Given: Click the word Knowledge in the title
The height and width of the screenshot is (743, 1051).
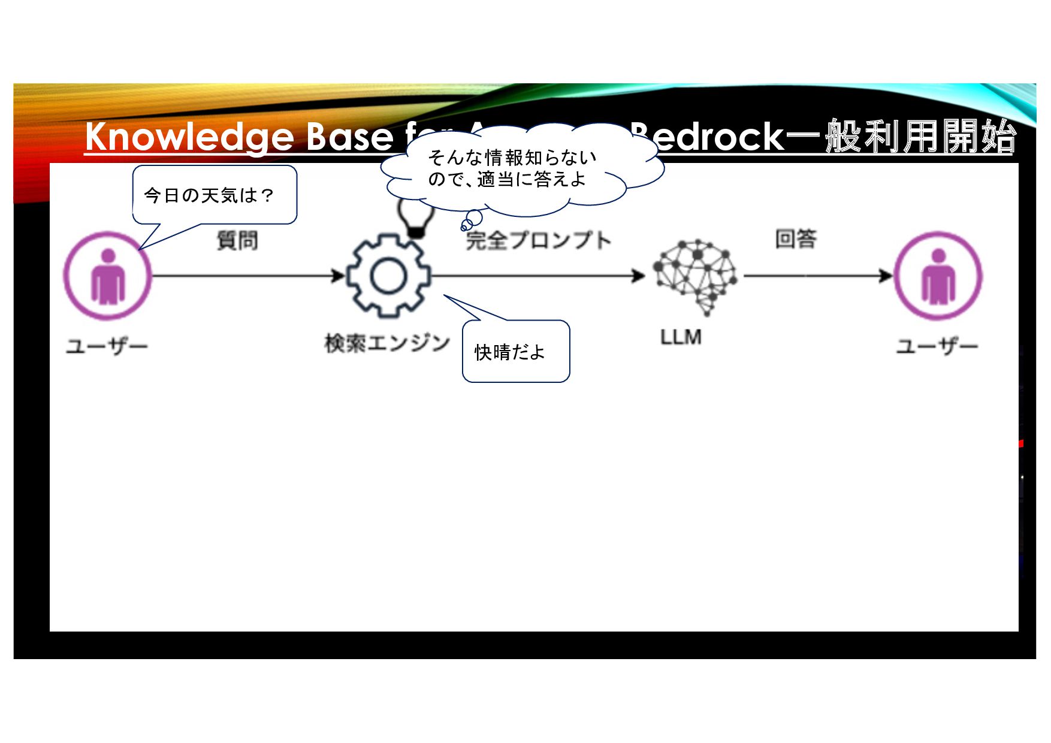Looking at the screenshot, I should (189, 137).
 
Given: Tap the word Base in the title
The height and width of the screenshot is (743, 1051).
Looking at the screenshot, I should (350, 137).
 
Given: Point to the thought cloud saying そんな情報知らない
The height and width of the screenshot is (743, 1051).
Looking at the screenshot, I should (512, 168).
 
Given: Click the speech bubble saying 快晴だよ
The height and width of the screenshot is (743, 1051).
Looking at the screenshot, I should (515, 352).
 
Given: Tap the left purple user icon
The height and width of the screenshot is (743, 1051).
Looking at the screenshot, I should (108, 276).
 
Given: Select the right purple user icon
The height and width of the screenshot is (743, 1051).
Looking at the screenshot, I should (938, 276).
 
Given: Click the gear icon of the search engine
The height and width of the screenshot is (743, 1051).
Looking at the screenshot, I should (389, 276).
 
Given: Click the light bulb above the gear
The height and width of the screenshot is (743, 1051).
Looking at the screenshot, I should (416, 219).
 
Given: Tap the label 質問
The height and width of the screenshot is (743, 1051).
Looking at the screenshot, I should (237, 240).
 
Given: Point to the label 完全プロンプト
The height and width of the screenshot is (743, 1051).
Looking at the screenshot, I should (538, 240).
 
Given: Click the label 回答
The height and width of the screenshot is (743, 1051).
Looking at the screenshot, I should (796, 239).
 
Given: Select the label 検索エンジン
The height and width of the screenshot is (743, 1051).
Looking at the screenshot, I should (387, 343).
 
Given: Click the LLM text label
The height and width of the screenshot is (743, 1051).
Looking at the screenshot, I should (681, 337).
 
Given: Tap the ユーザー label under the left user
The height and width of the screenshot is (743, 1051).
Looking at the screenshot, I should (107, 346).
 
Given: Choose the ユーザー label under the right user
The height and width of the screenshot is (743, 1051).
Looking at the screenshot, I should (937, 346).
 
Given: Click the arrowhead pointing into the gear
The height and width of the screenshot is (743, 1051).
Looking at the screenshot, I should (339, 276).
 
